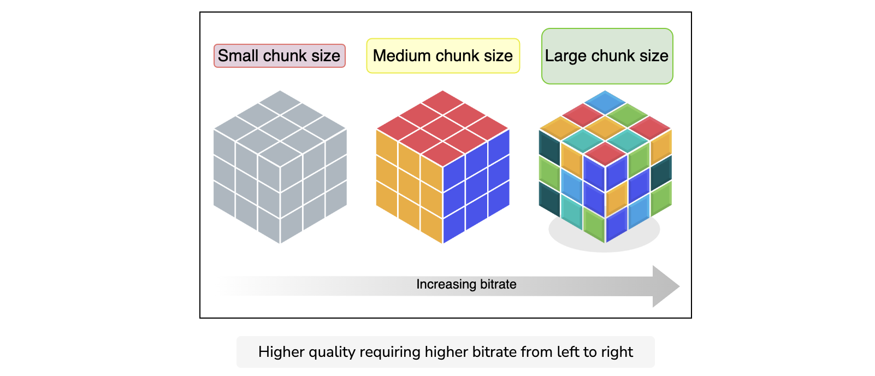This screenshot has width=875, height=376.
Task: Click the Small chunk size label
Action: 279,56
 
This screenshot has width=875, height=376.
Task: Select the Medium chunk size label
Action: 443,56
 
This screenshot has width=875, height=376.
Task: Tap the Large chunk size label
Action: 607,56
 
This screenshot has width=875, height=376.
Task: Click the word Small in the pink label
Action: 238,56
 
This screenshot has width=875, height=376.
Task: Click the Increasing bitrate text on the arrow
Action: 466,284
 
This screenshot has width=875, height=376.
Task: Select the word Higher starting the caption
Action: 281,352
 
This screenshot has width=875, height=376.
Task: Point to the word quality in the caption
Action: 332,352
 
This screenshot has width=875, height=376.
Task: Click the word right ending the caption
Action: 617,352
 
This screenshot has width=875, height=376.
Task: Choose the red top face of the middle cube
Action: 442,128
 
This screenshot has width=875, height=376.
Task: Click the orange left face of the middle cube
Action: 410,186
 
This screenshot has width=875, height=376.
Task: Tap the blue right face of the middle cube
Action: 476,186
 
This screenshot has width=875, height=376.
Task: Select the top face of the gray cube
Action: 280,128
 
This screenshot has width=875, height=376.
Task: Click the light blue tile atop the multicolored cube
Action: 605,102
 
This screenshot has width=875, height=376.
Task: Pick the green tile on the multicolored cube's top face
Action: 628,115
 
